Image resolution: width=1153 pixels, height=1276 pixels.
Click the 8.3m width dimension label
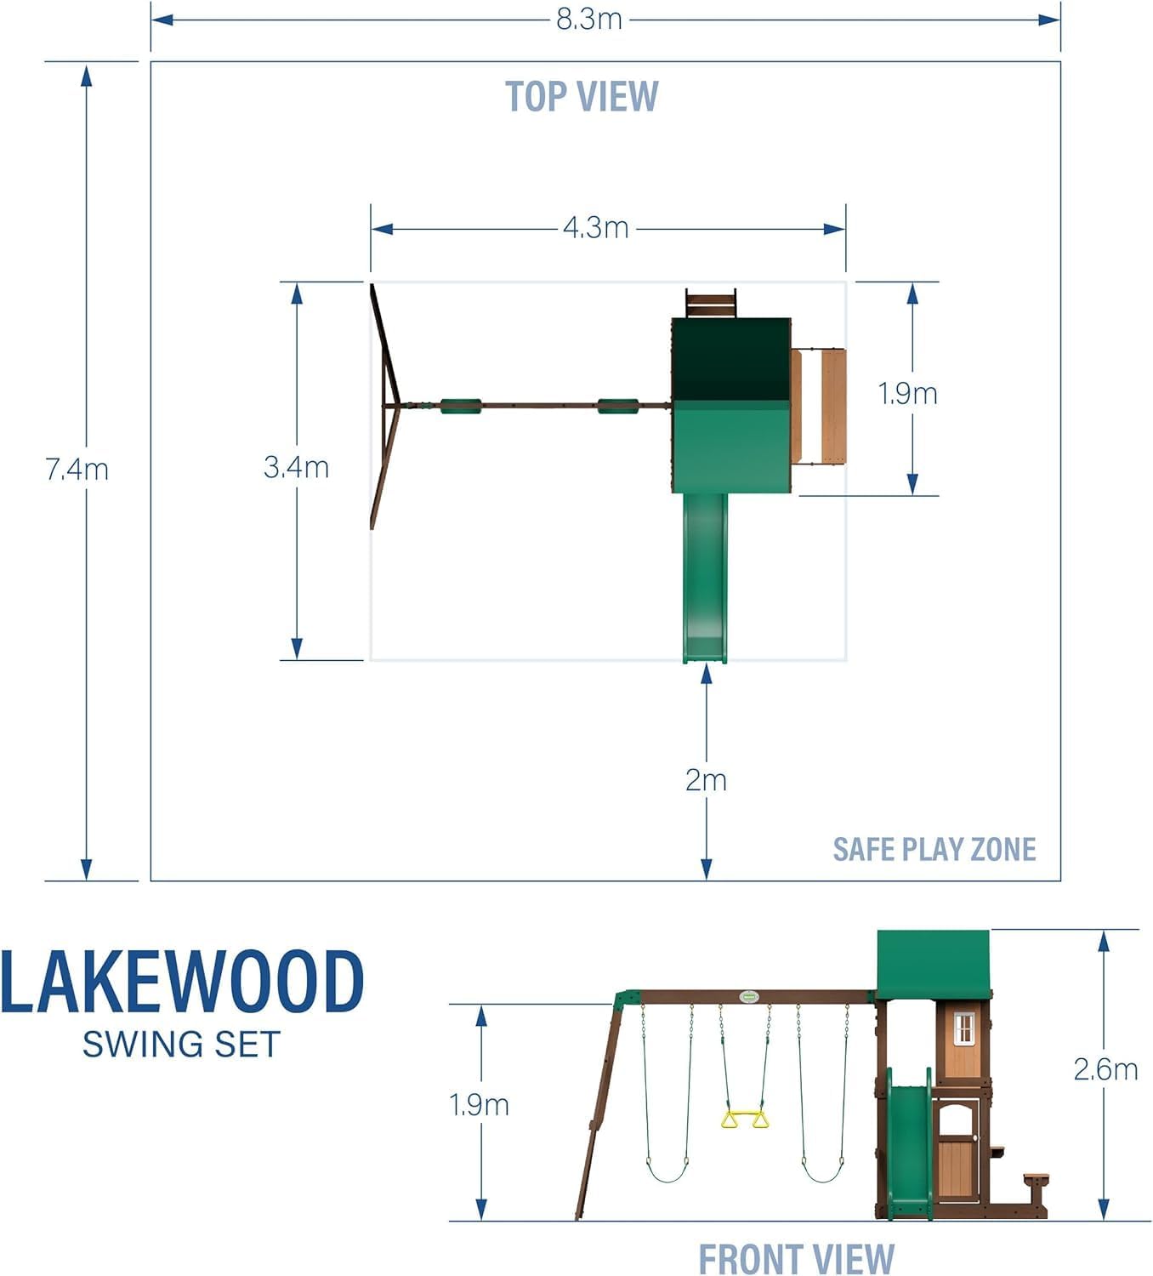click(589, 19)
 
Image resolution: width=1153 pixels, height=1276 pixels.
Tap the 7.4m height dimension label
click(77, 469)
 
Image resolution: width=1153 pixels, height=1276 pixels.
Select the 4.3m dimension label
click(595, 228)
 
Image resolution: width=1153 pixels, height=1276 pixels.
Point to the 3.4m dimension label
click(296, 467)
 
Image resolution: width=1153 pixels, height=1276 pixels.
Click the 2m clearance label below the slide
click(706, 780)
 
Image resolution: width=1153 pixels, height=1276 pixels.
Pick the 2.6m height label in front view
click(1105, 1069)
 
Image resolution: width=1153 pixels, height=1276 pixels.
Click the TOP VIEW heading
click(582, 96)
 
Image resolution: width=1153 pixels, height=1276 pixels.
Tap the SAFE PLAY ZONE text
click(934, 849)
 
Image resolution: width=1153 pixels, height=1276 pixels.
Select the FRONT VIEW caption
click(796, 1258)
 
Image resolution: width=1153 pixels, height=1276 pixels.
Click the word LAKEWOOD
click(182, 983)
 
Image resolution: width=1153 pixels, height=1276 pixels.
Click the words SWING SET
click(181, 1045)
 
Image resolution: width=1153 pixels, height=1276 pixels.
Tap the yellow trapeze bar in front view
click(745, 1119)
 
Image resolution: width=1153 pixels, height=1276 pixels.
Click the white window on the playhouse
click(963, 1029)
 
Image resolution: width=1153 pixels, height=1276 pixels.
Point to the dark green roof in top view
click(730, 357)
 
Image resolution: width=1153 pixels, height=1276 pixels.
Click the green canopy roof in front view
click(933, 963)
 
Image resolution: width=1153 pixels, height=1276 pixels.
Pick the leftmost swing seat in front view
click(667, 1174)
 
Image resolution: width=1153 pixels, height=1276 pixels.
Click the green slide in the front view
click(909, 1140)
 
